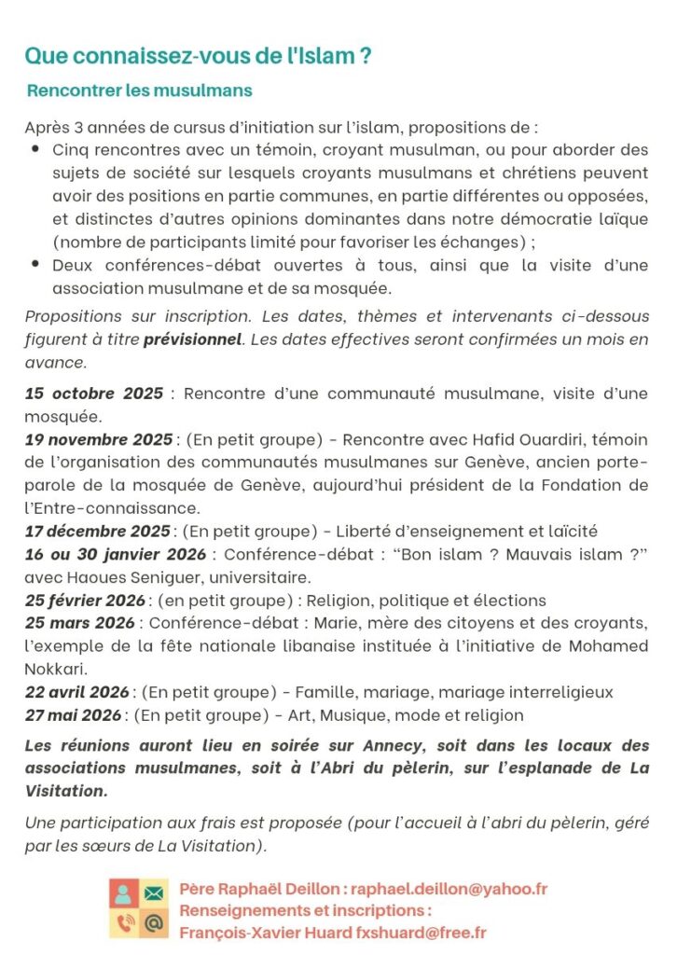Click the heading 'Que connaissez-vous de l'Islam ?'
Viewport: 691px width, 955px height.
[x=198, y=56]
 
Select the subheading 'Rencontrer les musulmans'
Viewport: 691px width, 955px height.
[x=139, y=90]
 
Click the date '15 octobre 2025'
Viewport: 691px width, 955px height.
[x=93, y=393]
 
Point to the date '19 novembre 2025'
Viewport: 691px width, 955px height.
[x=98, y=439]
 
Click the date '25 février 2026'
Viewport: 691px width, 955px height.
[x=85, y=600]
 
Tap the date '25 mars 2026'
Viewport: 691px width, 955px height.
[x=80, y=622]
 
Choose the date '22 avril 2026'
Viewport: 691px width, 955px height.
[x=77, y=692]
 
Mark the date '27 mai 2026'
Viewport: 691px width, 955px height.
[x=73, y=715]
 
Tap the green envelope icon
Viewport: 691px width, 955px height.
[x=153, y=893]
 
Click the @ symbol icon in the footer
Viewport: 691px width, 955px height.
[x=153, y=923]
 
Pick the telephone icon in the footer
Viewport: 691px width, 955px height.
[x=124, y=923]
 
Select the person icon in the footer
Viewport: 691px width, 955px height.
[x=124, y=893]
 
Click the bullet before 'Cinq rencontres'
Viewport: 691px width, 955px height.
[x=35, y=149]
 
